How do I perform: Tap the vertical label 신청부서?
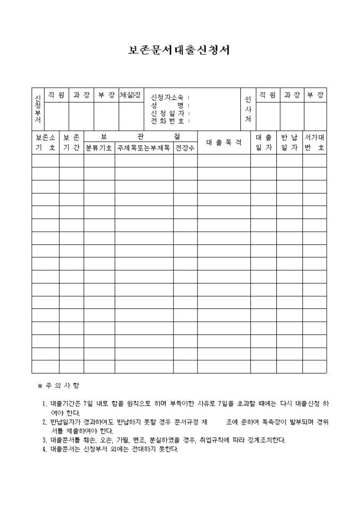tap(38, 108)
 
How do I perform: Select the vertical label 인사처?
tap(248, 108)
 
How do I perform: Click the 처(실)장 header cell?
tap(130, 95)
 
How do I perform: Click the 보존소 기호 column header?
tap(45, 142)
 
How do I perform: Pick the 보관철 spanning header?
tap(140, 137)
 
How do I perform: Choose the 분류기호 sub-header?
tap(99, 148)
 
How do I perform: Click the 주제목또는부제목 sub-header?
tap(144, 148)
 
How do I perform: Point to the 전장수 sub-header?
tap(185, 148)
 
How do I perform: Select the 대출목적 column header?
tap(224, 142)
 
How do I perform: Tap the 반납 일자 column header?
tap(290, 142)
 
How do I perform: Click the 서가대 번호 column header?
tap(314, 142)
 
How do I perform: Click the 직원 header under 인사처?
tap(267, 95)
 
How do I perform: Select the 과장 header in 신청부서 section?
tap(82, 95)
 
